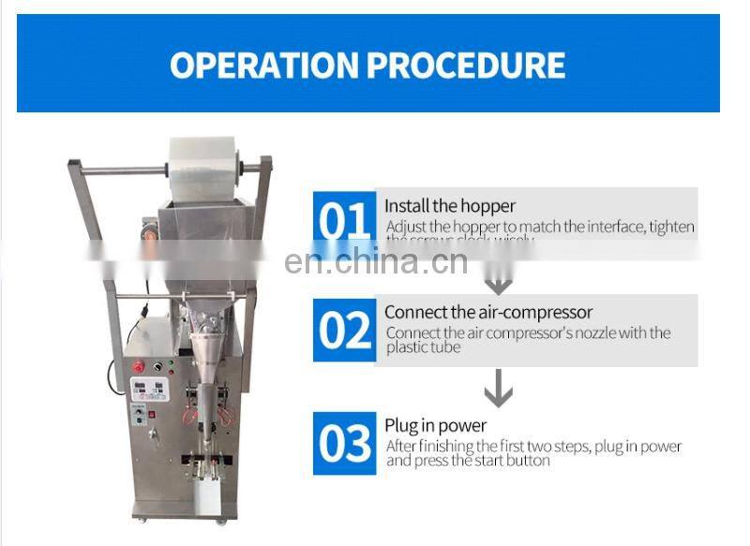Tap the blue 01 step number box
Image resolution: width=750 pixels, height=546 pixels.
[344, 221]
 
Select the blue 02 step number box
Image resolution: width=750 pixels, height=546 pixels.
[344, 330]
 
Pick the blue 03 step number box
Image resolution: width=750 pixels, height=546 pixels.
[344, 444]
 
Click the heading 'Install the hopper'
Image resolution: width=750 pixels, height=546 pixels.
[450, 206]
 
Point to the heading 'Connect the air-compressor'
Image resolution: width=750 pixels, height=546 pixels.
[488, 313]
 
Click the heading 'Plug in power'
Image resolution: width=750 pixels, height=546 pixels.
[436, 427]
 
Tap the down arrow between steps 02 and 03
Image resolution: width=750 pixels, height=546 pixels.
[498, 389]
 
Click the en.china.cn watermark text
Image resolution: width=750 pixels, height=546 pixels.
[375, 262]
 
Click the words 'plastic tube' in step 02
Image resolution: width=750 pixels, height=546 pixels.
[424, 348]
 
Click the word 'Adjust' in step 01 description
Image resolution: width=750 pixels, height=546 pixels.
[406, 228]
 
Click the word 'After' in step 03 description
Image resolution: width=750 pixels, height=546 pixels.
[403, 447]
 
